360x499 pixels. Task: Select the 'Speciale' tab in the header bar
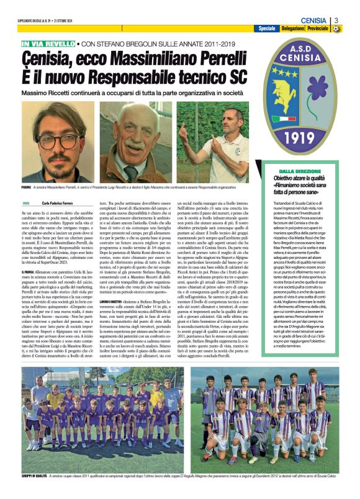[x=267, y=29]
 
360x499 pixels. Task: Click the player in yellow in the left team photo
[x=158, y=397]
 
